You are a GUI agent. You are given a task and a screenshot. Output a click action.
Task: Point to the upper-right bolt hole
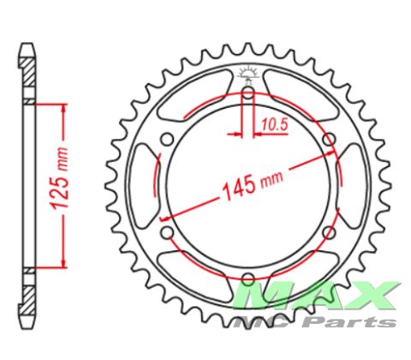tap(328, 140)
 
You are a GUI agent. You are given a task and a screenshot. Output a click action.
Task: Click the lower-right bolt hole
tap(328, 231)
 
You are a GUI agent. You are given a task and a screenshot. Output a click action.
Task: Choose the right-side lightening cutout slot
tap(350, 185)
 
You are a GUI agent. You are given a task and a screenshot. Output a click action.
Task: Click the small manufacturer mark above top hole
tap(247, 72)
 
